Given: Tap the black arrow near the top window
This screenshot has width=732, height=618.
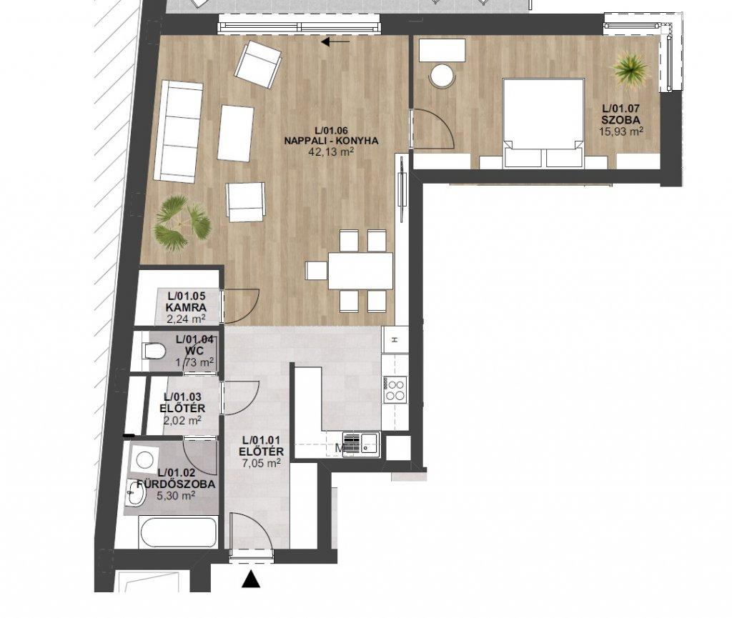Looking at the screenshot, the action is tap(335, 42).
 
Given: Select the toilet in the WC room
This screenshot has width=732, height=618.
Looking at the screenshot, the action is tap(154, 352).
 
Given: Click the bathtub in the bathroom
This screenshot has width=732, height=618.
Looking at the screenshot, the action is tap(178, 532).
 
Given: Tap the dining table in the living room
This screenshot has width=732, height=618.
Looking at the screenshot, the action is tap(360, 271).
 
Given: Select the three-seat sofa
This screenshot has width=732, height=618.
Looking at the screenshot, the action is tap(179, 131).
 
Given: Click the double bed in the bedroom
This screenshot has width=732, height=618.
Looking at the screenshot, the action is tap(543, 123).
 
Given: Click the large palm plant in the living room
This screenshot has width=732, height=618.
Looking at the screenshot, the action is tap(182, 224).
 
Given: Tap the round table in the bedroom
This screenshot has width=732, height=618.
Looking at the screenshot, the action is tap(442, 75).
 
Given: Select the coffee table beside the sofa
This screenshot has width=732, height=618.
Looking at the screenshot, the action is tap(236, 134).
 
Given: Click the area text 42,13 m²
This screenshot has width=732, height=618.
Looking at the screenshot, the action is tap(331, 151).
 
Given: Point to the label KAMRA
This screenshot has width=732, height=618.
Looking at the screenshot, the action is tap(186, 308).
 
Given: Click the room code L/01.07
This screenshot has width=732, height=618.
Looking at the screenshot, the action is tap(620, 109).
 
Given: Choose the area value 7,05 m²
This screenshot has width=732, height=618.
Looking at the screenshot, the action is tap(262, 463).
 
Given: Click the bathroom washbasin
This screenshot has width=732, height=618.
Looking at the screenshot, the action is tap(136, 494).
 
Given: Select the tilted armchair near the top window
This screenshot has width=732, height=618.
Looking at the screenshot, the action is tap(258, 64).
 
